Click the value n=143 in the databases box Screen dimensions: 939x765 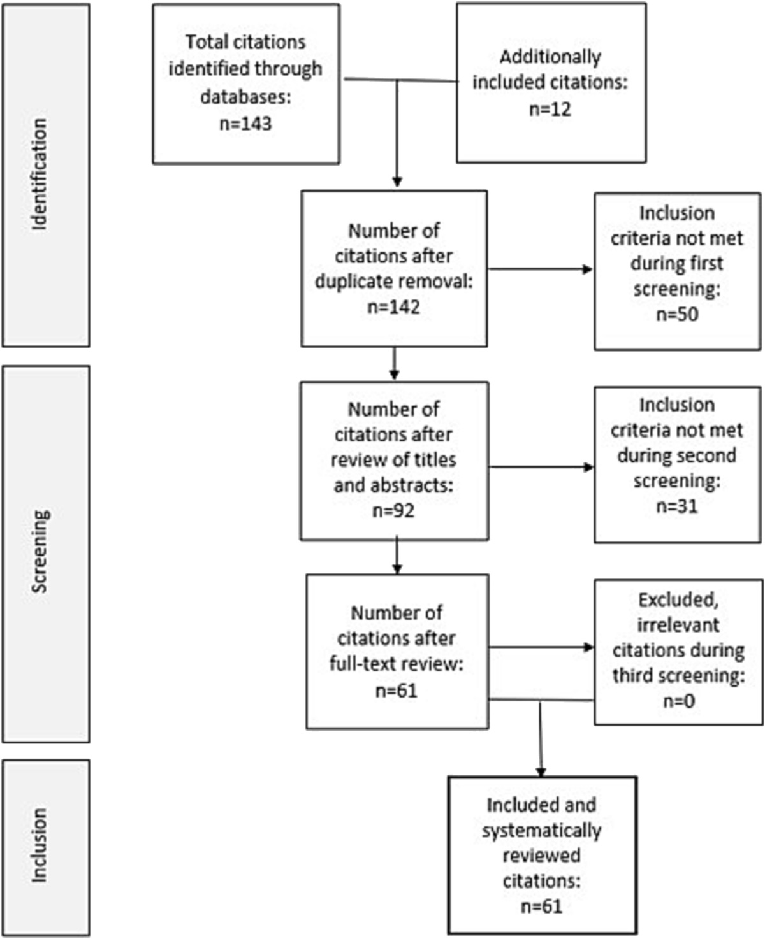245,123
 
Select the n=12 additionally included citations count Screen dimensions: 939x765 550,109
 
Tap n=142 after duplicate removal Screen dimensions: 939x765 393,307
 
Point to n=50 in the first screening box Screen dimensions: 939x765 677,314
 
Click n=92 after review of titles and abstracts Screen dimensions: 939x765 393,511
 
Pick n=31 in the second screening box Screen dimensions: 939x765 677,506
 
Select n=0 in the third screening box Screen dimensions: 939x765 679,701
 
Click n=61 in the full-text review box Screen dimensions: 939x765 396,691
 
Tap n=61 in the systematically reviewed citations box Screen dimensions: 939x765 541,907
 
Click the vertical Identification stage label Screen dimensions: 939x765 40,175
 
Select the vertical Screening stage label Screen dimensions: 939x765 40,552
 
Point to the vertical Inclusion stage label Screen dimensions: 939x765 40,845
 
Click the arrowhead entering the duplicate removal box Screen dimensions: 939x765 397,182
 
